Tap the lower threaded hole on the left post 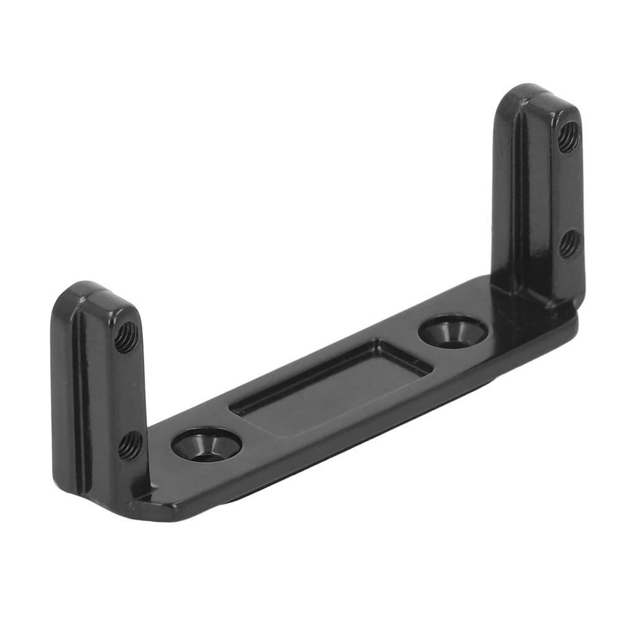pyautogui.click(x=130, y=445)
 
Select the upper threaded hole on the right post pyautogui.click(x=568, y=137)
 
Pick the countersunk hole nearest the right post pyautogui.click(x=452, y=332)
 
